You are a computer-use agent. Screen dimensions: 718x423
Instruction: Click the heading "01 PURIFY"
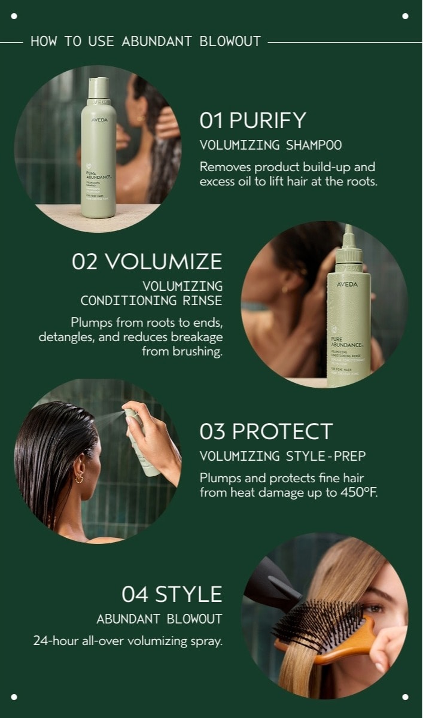click(252, 120)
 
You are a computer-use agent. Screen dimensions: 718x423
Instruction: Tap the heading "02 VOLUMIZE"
click(147, 261)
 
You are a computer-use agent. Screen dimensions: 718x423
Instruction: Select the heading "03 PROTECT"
click(266, 431)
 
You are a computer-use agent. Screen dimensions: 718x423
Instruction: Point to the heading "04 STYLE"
click(172, 594)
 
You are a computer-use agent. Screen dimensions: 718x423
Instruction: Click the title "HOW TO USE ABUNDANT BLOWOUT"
click(145, 42)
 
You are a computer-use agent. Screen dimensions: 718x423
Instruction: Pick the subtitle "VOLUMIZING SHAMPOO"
click(270, 145)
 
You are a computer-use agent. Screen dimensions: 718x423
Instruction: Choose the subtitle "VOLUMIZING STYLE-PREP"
click(282, 457)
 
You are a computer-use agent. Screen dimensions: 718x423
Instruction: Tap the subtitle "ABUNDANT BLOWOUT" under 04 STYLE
click(159, 619)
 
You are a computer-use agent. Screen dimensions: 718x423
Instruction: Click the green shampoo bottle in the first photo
click(98, 156)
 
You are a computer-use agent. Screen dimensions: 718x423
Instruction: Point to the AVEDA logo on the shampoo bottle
click(99, 120)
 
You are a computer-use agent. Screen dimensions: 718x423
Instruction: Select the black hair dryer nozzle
click(272, 583)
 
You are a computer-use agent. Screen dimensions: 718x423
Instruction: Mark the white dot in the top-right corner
click(405, 16)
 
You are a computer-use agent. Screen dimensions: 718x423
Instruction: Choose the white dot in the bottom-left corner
click(14, 696)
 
